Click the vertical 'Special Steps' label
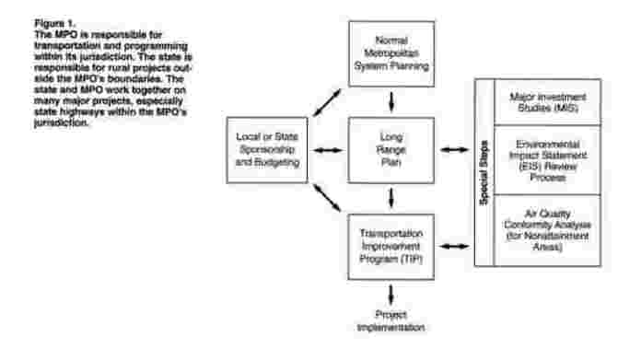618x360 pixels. click(484, 175)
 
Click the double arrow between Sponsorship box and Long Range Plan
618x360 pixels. click(325, 150)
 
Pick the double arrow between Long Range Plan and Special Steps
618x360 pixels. click(454, 150)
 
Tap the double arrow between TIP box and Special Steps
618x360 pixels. click(454, 246)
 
